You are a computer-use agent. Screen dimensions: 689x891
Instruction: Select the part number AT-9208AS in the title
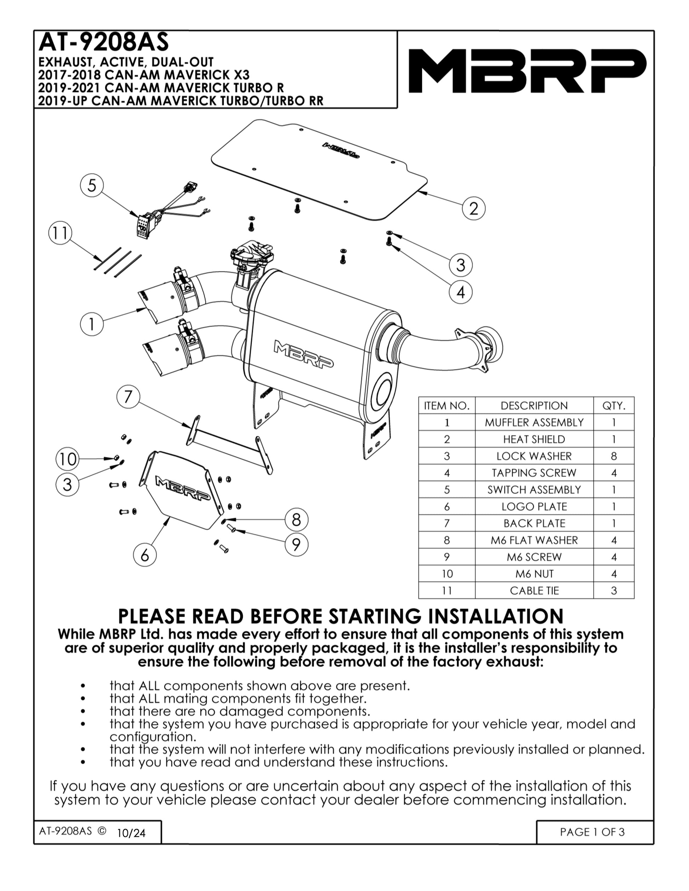103,42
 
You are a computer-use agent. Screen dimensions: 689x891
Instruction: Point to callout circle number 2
473,208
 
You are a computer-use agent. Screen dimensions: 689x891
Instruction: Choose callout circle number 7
128,397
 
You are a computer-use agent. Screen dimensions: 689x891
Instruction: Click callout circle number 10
67,459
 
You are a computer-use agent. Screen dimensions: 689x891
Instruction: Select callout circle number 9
296,544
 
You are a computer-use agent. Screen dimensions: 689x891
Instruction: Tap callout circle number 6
145,555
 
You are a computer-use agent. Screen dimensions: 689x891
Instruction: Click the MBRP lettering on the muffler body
303,354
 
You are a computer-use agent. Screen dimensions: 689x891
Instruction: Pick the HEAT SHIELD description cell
534,439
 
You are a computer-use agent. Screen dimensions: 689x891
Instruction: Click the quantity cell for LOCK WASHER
614,456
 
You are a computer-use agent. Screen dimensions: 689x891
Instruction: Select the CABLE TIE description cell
534,590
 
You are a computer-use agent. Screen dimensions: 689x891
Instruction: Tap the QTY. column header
614,406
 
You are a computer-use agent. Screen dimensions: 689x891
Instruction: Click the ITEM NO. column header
447,406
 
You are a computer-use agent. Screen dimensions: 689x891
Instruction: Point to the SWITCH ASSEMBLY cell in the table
534,490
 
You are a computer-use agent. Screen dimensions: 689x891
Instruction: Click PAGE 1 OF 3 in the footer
592,832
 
